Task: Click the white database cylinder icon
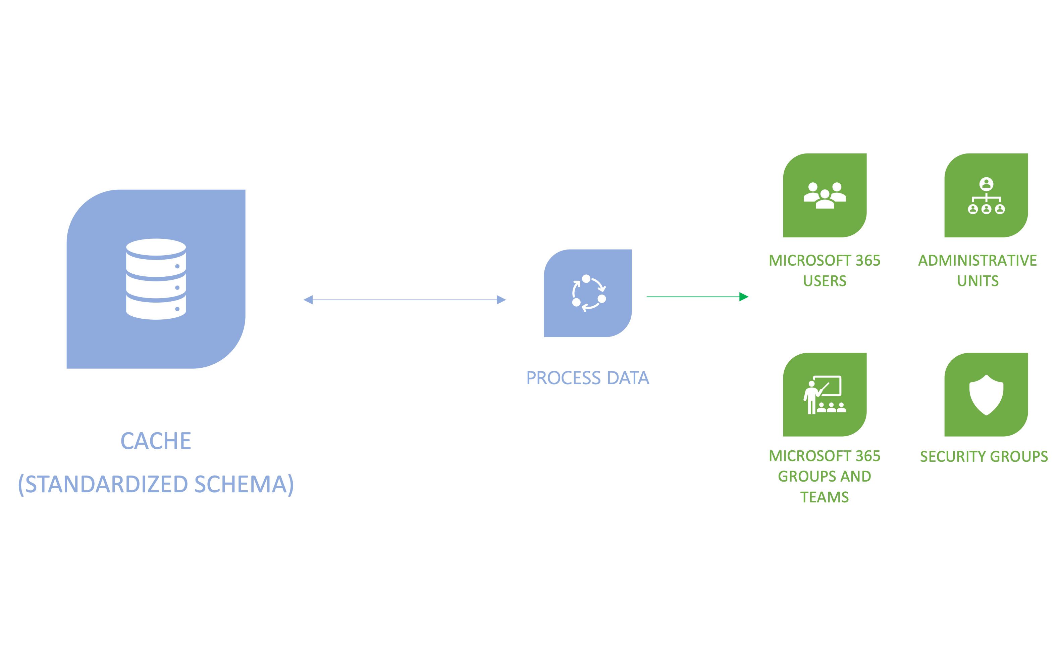point(156,279)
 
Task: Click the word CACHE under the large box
point(156,441)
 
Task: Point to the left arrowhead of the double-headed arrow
point(308,300)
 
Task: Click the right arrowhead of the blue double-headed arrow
point(501,300)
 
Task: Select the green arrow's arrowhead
point(744,297)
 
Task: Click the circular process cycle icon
point(588,293)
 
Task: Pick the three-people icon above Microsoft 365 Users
point(825,195)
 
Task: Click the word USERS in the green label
point(825,281)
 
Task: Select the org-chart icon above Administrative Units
point(986,195)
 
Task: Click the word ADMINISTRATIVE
point(977,260)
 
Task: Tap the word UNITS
point(977,281)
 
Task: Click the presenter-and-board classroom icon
point(825,395)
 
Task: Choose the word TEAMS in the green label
point(825,497)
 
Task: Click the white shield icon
point(986,395)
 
